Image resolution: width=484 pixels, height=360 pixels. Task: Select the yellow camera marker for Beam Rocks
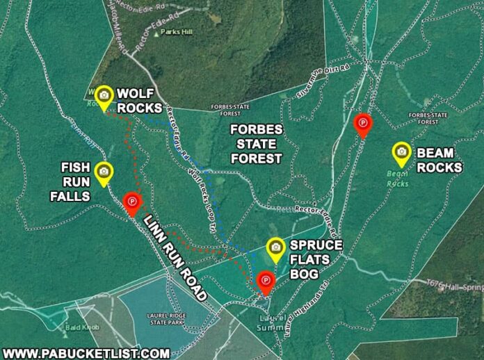pos(401,152)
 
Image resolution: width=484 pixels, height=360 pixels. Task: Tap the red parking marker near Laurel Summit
pos(264,281)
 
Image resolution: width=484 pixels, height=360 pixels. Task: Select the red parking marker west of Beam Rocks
pos(362,124)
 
